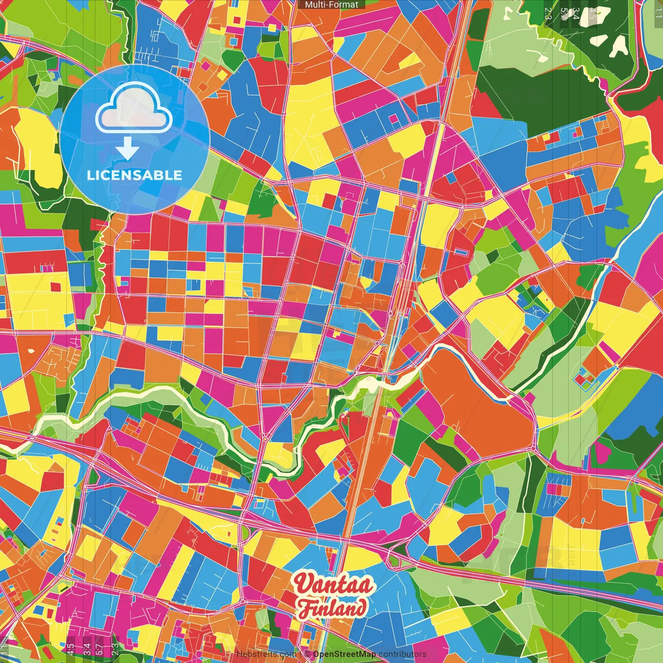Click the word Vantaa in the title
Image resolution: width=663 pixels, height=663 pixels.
coord(334,584)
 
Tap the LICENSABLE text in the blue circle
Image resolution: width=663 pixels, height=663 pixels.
coord(135,175)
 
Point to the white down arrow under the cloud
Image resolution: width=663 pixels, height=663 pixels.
coord(127,150)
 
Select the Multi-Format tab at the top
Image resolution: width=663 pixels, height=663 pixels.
coord(331,5)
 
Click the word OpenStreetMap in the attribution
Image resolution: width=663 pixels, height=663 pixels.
coord(344,654)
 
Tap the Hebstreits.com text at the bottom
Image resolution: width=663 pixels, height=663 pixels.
coord(266,654)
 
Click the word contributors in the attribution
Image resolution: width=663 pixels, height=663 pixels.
coord(402,654)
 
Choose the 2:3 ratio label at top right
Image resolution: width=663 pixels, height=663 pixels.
coord(549,13)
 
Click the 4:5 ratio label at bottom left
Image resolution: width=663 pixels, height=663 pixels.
coord(70,648)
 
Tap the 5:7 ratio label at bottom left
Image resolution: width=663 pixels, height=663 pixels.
coord(99,648)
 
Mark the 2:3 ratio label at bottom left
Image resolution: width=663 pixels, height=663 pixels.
coord(115,648)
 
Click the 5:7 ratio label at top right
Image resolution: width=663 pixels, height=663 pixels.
coord(564,13)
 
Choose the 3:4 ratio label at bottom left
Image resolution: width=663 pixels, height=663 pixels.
coord(87,648)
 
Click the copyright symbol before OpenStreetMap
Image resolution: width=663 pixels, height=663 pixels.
coord(307,654)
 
